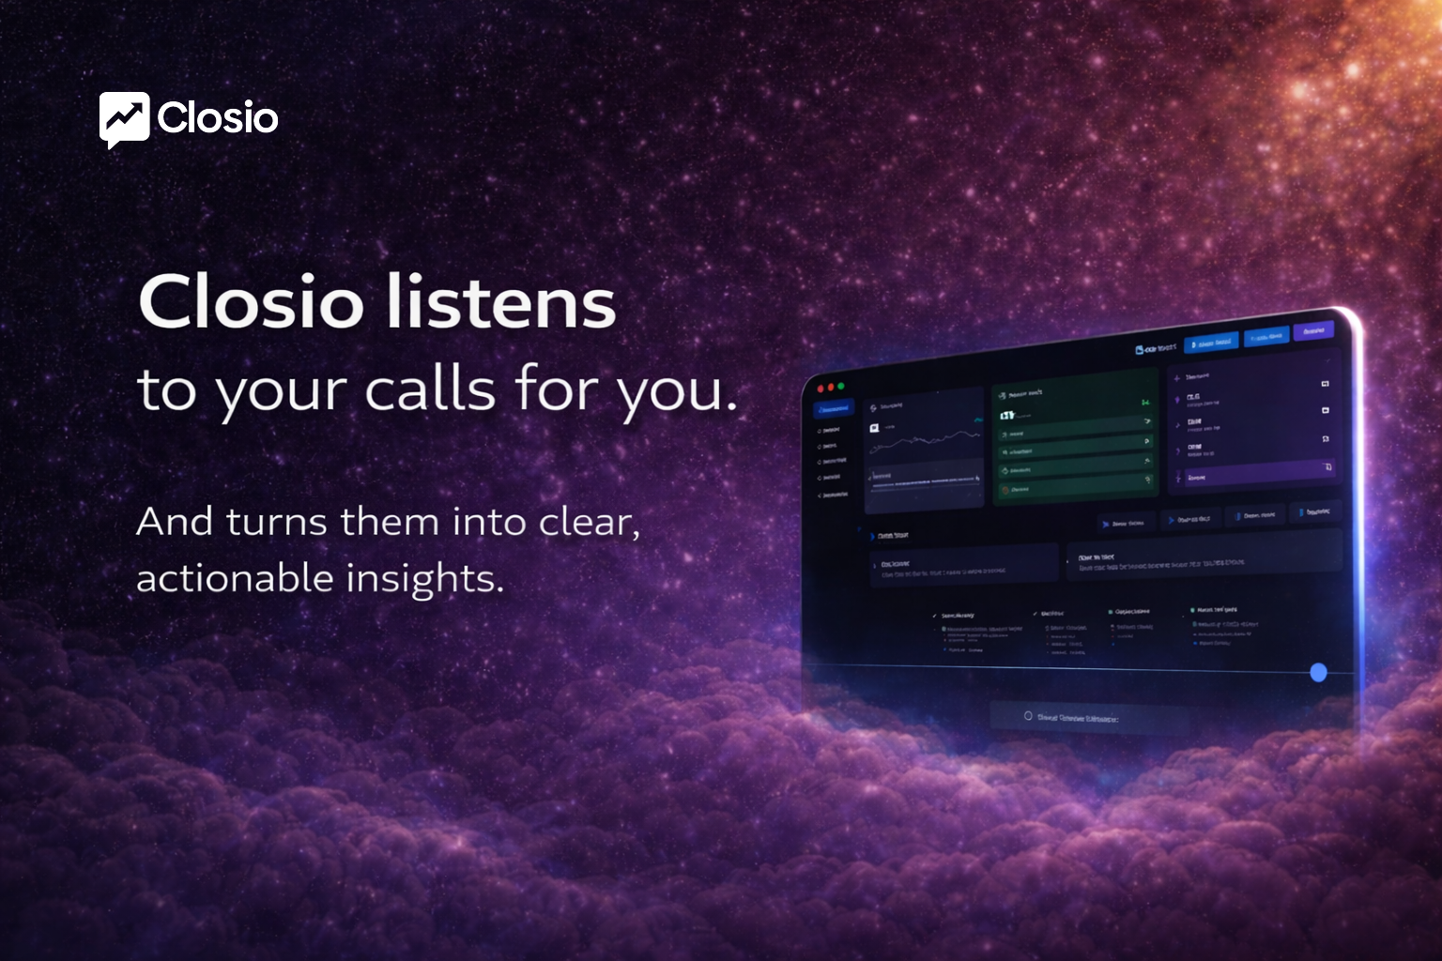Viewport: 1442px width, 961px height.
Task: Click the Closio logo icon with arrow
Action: click(x=124, y=119)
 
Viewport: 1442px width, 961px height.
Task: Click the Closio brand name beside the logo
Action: click(x=218, y=118)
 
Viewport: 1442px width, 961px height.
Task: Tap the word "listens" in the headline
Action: click(x=501, y=302)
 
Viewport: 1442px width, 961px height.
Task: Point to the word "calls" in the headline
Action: click(x=429, y=389)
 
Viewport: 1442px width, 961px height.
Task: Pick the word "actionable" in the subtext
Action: click(x=235, y=578)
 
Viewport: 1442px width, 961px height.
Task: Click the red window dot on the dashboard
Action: click(x=819, y=389)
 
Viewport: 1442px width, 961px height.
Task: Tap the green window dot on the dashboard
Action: click(x=841, y=386)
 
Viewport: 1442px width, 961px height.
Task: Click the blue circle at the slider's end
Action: click(x=1318, y=672)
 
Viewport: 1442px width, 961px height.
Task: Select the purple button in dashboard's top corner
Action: click(x=1312, y=330)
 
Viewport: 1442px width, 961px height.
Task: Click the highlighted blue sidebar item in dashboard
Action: click(x=835, y=409)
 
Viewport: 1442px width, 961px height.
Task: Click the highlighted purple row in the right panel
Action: click(x=1253, y=473)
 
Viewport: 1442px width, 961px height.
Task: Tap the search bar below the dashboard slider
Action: click(x=1089, y=718)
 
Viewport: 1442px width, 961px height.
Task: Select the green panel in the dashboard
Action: click(x=1074, y=436)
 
